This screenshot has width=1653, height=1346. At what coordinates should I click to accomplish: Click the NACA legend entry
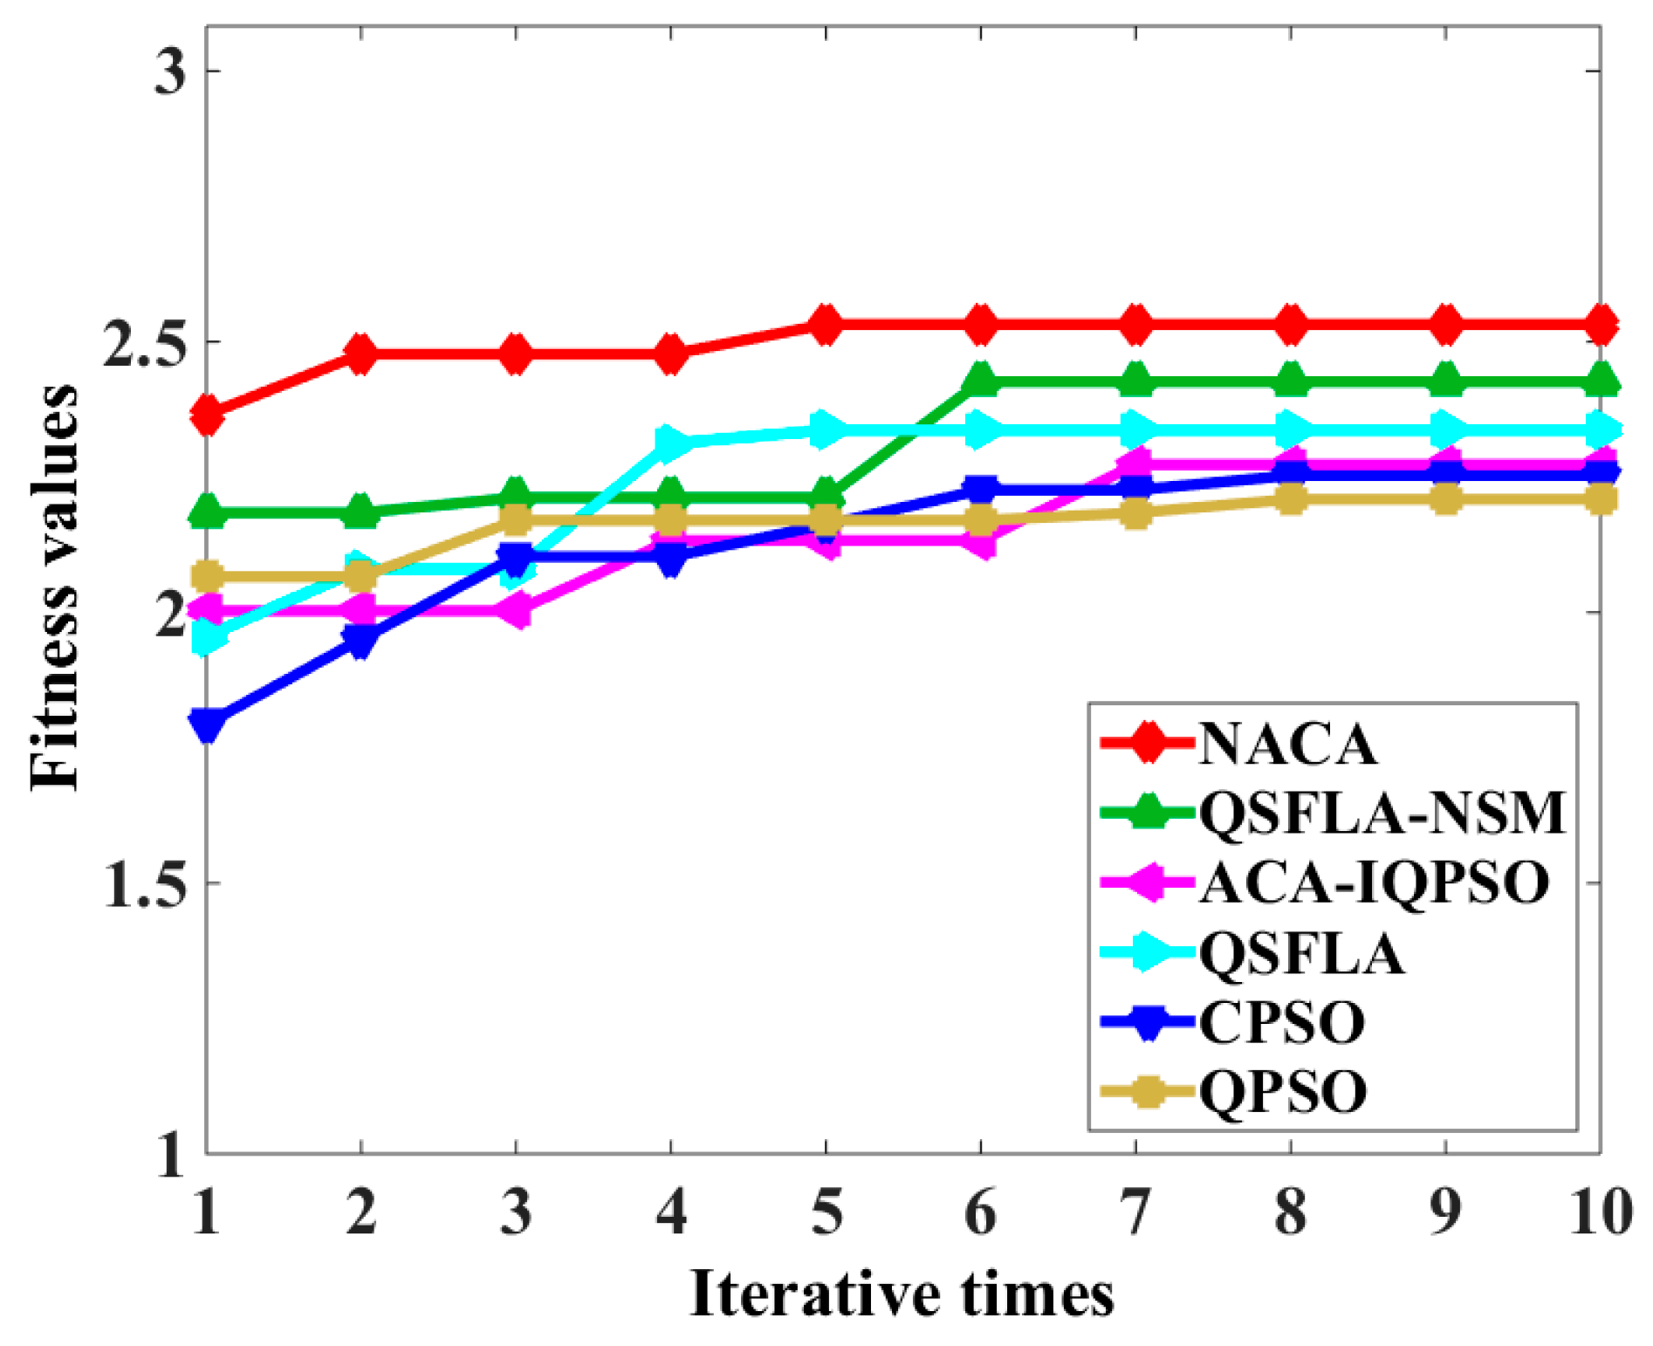[x=1287, y=745]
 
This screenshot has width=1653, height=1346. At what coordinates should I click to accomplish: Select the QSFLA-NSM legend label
[x=1382, y=814]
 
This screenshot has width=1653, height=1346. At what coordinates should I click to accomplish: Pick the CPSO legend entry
[x=1281, y=1021]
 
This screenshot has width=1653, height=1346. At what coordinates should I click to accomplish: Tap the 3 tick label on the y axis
[x=170, y=72]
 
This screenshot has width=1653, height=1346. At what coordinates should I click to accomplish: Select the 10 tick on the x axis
[x=1599, y=1212]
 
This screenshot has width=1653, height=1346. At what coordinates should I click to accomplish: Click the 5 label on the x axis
[x=826, y=1212]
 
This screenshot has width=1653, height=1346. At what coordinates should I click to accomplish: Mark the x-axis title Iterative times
[x=902, y=1294]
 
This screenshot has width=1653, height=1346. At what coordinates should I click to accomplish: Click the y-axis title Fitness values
[x=54, y=587]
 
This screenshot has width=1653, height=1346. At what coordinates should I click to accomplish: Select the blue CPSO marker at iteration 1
[x=208, y=723]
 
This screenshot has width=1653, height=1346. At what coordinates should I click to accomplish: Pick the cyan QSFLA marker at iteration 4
[x=671, y=443]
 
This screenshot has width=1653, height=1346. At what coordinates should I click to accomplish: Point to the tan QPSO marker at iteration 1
[x=208, y=576]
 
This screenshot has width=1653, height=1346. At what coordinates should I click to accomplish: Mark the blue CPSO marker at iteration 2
[x=361, y=642]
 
